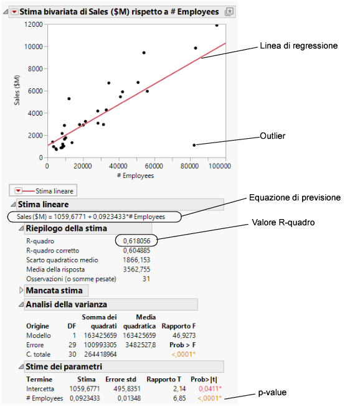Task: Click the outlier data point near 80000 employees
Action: coord(194,145)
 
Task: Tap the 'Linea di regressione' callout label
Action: coord(298,45)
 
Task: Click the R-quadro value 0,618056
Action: coord(136,240)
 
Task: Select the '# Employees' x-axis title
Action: coord(136,175)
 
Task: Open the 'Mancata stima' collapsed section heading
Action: coord(54,290)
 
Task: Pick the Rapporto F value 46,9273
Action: coord(176,335)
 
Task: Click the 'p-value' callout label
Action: coord(273,393)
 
